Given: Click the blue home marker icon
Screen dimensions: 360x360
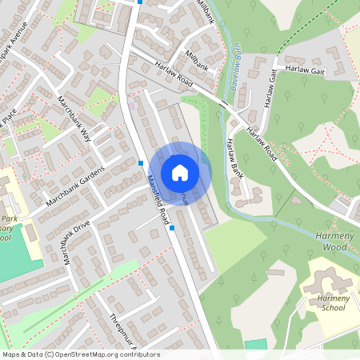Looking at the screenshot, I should click(x=180, y=172).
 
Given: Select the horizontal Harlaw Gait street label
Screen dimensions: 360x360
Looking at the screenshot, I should click(x=307, y=71).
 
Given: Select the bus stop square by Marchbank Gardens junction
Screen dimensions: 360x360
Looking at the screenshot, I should click(x=141, y=163).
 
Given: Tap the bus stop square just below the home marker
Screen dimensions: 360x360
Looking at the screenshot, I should click(x=171, y=227).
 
